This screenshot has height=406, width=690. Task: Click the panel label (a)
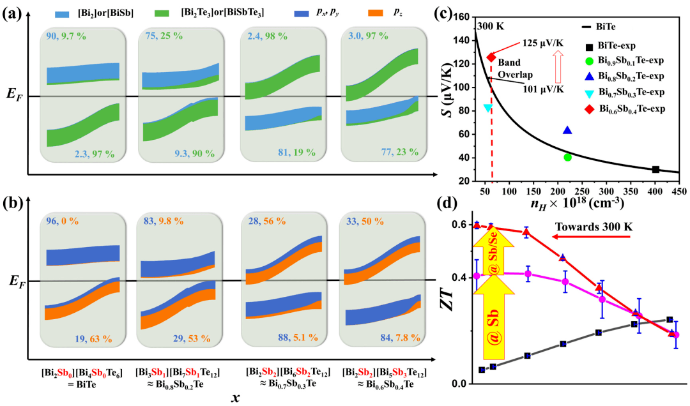tap(13, 13)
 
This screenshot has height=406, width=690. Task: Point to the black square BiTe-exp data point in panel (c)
tap(656, 169)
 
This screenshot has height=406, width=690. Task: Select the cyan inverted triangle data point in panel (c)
tap(488, 108)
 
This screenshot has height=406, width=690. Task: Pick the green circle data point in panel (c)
tap(567, 157)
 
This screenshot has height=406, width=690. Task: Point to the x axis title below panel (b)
tap(237, 396)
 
